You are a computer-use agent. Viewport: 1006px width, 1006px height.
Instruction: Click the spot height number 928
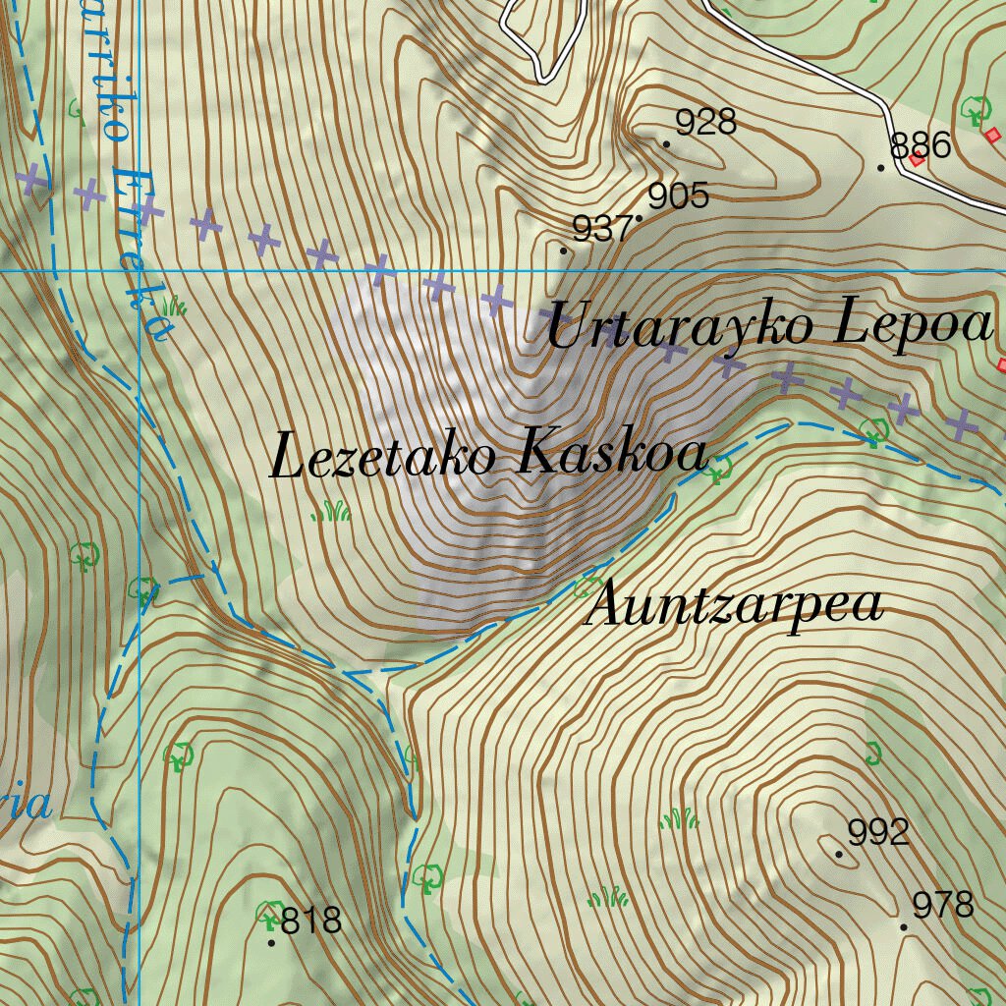click(x=705, y=123)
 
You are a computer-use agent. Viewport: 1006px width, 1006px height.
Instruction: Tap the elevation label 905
click(x=678, y=196)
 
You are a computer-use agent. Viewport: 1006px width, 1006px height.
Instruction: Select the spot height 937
click(x=601, y=230)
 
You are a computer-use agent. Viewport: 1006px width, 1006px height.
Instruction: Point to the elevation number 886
click(x=921, y=146)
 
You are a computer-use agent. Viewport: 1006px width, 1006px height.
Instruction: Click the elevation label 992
click(x=878, y=833)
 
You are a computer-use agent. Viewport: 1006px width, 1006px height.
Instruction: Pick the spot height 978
click(x=942, y=905)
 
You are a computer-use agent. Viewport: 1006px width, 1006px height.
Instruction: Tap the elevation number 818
click(x=311, y=922)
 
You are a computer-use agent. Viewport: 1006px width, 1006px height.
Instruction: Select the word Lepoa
click(x=913, y=325)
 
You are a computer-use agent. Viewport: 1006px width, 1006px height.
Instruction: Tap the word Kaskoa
click(x=611, y=455)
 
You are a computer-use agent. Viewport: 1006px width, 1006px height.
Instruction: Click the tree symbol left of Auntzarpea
click(x=587, y=588)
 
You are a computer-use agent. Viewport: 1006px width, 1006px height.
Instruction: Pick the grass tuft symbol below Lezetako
click(x=331, y=512)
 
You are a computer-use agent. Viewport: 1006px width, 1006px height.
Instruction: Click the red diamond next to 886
click(x=917, y=159)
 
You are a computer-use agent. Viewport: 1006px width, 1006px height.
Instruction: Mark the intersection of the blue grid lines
click(x=140, y=270)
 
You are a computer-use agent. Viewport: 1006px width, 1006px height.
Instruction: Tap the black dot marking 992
click(x=838, y=854)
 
